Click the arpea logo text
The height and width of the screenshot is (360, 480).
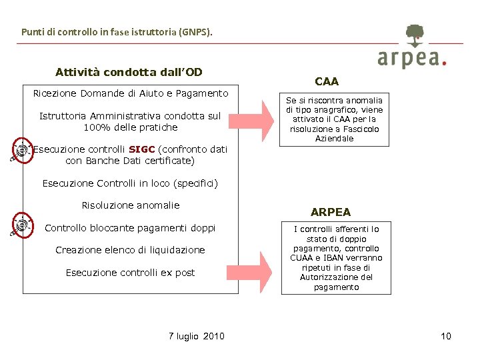(410, 59)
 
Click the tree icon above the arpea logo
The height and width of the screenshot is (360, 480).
(415, 35)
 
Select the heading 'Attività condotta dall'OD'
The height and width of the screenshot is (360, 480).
(129, 72)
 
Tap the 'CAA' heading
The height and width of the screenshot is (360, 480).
(327, 81)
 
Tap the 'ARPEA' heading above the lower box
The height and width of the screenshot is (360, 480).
(331, 212)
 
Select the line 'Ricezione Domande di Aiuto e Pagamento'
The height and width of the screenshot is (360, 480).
(131, 93)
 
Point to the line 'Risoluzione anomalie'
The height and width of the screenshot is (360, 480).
(131, 205)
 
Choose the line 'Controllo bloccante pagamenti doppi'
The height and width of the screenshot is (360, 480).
(130, 228)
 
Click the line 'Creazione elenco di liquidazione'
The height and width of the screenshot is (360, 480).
(130, 250)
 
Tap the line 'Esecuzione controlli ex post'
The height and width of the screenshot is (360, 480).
(130, 273)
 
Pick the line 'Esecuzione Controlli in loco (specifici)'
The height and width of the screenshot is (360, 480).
(130, 183)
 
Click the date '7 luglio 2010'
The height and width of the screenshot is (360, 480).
(197, 336)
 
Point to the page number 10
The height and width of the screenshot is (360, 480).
(446, 336)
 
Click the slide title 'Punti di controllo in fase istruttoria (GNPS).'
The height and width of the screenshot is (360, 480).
(117, 31)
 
